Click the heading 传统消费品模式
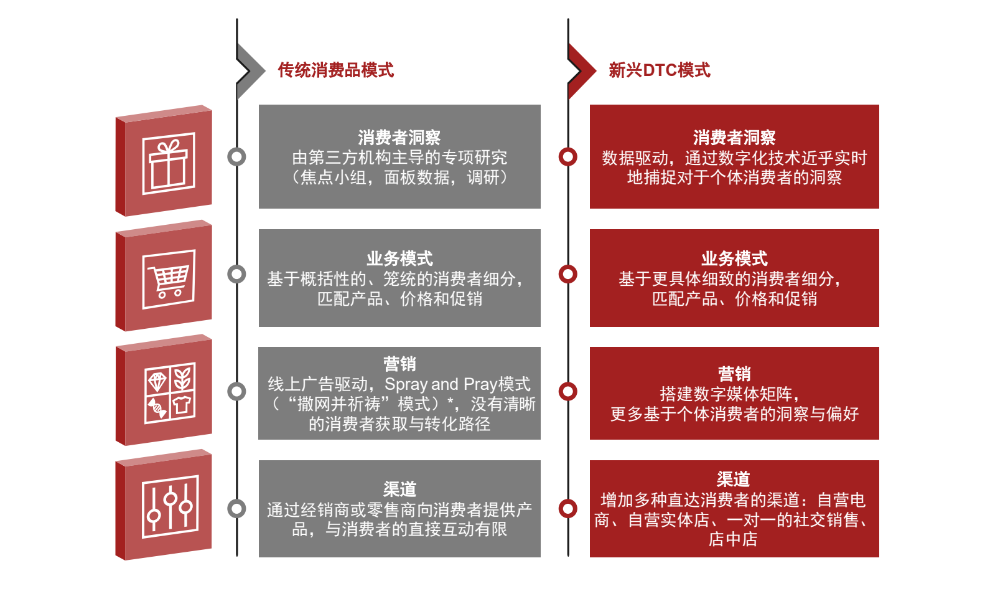point(335,70)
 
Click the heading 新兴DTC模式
point(659,70)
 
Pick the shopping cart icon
point(168,279)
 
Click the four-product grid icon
point(169,393)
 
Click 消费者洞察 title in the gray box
point(399,137)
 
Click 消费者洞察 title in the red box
point(734,137)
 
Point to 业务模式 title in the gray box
point(399,258)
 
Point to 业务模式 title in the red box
point(734,258)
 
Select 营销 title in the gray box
point(399,364)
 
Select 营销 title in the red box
point(734,374)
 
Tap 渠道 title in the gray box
point(399,489)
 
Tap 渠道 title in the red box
point(733,479)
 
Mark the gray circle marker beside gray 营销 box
point(236,391)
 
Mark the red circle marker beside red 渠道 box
point(567,508)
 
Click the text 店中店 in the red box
point(733,539)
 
